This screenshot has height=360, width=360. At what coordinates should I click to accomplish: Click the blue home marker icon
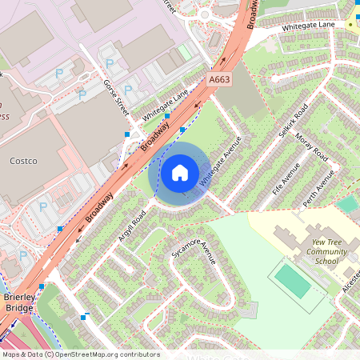tap(179, 173)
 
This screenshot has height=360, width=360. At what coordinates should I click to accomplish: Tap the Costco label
tap(23, 161)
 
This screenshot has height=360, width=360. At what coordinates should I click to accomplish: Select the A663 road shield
tap(219, 80)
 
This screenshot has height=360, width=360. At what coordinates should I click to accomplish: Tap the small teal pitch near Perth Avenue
tap(346, 204)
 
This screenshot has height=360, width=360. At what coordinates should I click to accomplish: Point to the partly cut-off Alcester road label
tap(350, 281)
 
